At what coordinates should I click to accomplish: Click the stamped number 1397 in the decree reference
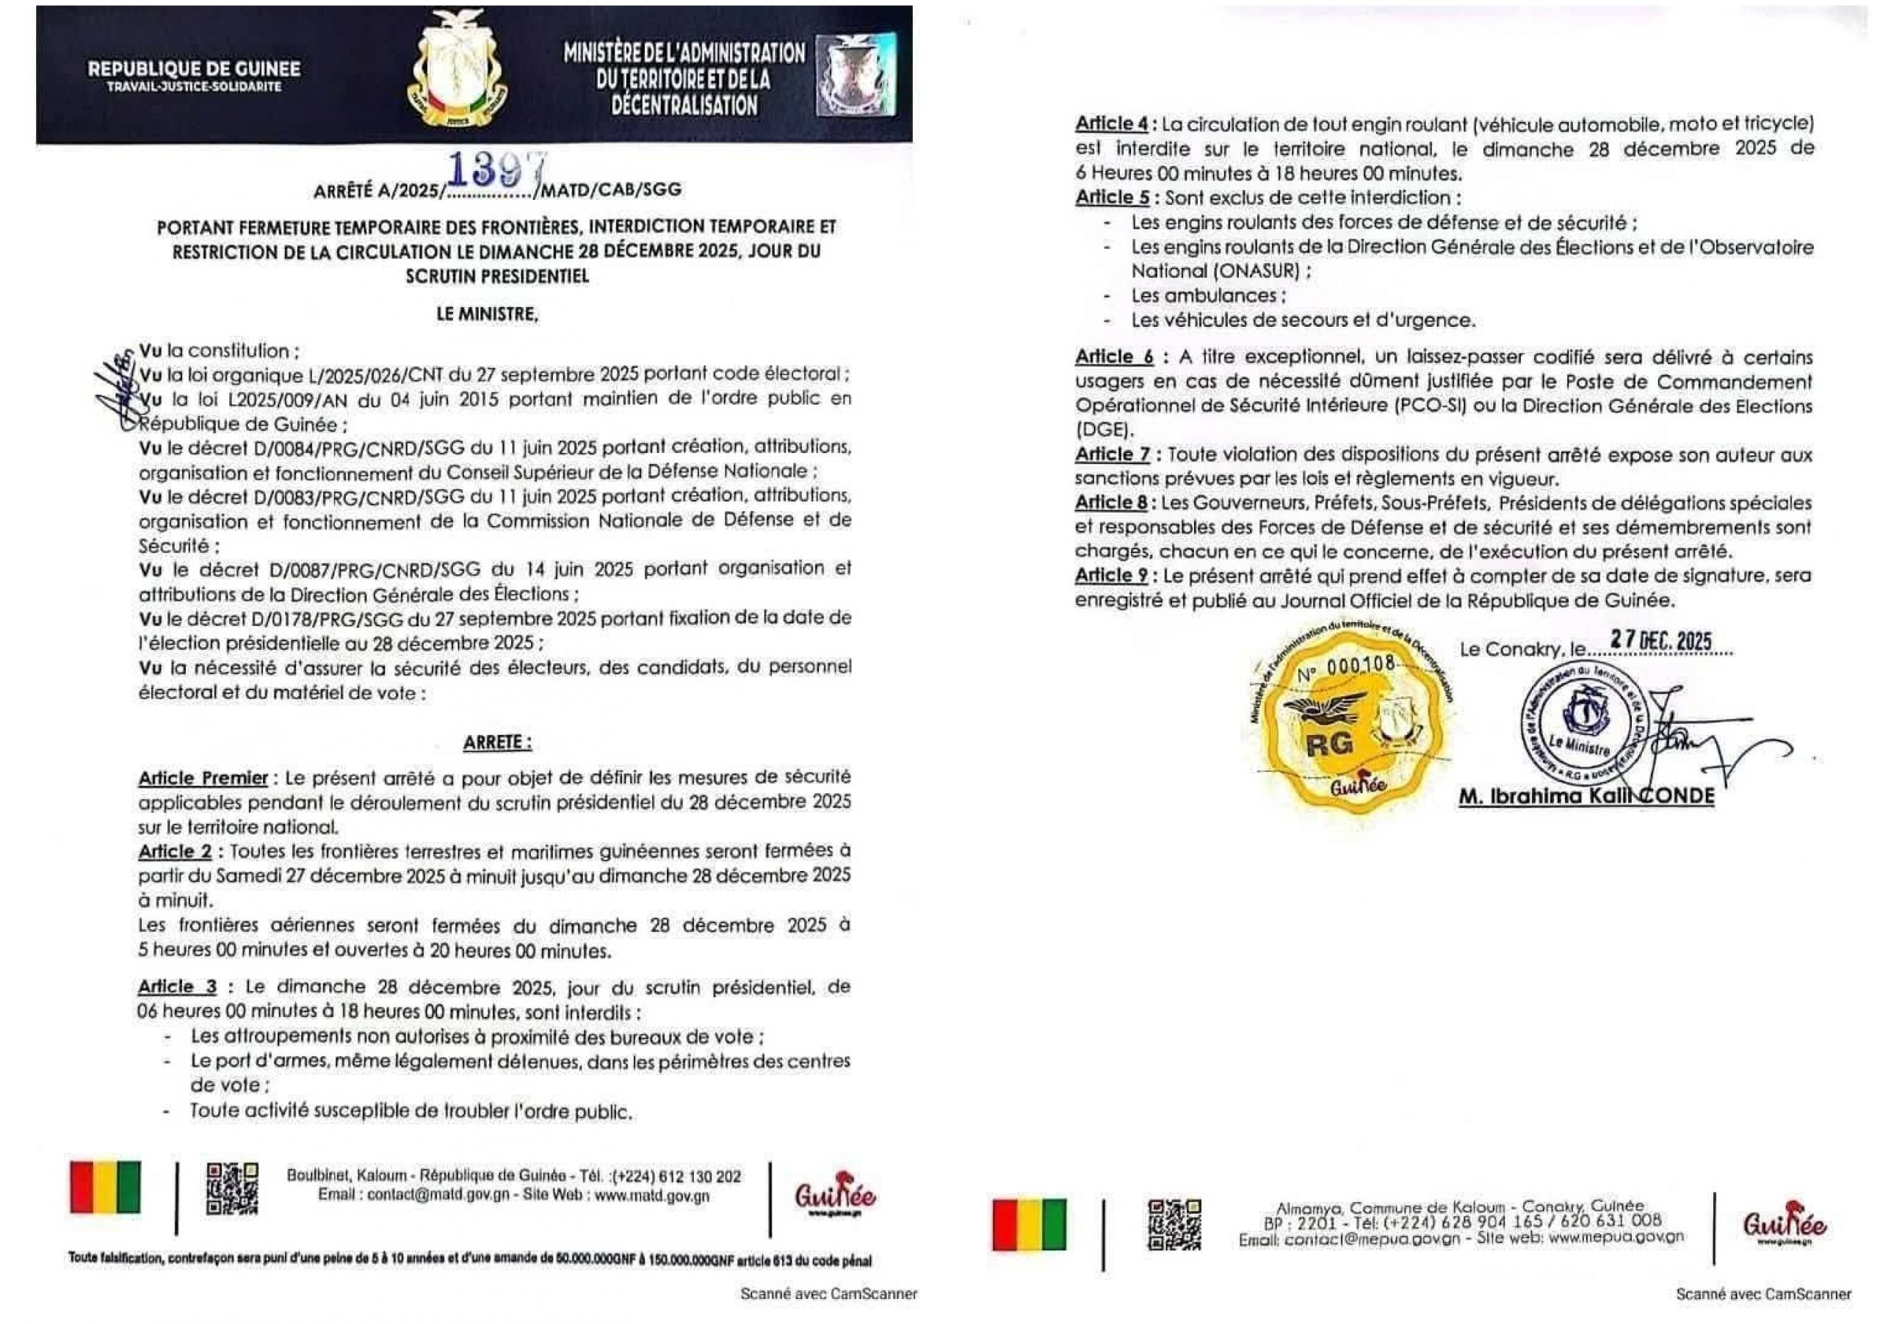point(494,170)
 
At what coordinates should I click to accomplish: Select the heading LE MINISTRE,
point(487,314)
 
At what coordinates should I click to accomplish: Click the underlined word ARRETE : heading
point(497,742)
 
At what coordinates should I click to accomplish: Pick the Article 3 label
point(177,987)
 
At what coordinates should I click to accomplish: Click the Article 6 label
point(1113,357)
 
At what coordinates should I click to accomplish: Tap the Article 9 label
point(1111,576)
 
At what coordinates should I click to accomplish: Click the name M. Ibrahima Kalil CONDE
point(1586,796)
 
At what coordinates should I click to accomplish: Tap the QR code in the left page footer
point(232,1189)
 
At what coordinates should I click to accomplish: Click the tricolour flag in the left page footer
point(106,1187)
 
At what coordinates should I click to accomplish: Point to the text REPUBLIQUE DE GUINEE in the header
point(194,70)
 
